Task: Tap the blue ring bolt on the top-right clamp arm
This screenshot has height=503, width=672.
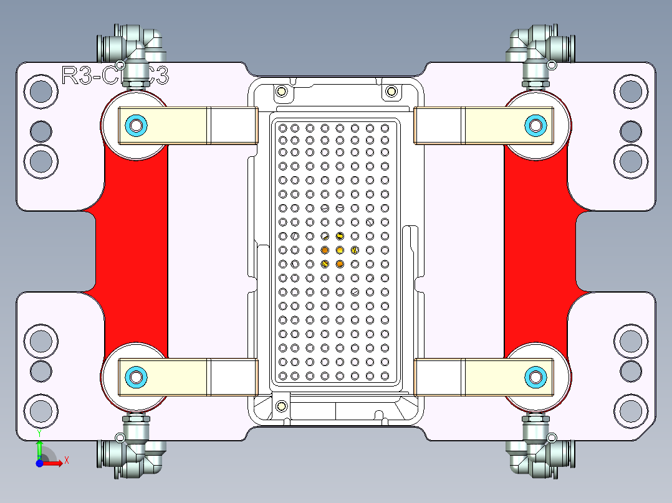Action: click(535, 125)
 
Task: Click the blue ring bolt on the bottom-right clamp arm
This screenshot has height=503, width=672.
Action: click(535, 376)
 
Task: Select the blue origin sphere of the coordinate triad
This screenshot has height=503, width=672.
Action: click(39, 463)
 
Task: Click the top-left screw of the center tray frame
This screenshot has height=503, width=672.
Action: click(281, 92)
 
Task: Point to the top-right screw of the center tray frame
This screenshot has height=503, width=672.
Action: click(391, 92)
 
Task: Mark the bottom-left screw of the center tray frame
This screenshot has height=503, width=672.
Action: click(281, 406)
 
